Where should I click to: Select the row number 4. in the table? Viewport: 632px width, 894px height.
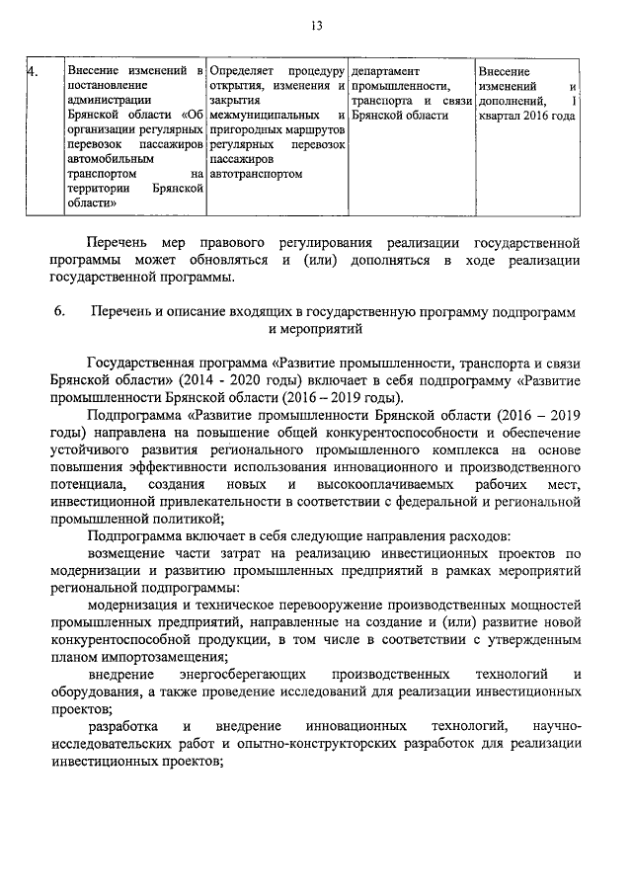point(32,72)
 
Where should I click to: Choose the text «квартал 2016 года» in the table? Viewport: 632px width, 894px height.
point(525,115)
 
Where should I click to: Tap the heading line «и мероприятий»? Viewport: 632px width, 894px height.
point(316,331)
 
